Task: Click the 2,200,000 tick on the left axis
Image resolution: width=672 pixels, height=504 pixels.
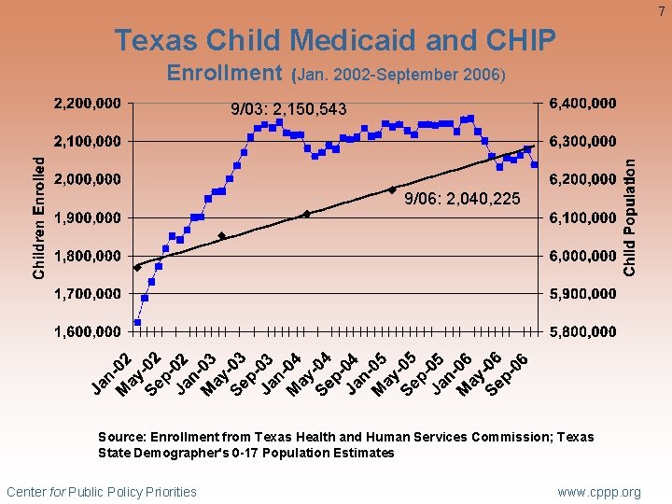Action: pos(91,103)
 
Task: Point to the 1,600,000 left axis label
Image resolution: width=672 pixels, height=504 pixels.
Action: pos(91,331)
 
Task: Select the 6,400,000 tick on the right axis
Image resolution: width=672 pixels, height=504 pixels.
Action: pos(583,103)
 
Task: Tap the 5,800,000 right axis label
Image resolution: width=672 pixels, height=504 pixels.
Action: pos(583,331)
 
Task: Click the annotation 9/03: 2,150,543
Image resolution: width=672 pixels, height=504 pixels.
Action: pos(288,111)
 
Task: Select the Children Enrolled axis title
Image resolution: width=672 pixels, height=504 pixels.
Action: pos(39,217)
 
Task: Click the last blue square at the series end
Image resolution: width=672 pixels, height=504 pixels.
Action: pos(534,165)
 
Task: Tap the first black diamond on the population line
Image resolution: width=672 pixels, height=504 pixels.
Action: pos(137,268)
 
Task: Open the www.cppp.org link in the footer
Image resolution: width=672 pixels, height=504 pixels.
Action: pos(599,492)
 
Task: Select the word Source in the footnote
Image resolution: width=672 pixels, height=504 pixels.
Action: pos(119,437)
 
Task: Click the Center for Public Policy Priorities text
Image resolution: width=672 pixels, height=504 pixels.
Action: pos(102,492)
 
